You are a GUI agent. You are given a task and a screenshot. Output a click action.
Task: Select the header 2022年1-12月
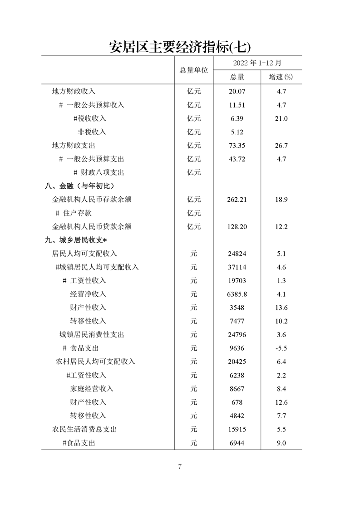coord(257,63)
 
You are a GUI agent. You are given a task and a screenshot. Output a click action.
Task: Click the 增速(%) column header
coord(281,77)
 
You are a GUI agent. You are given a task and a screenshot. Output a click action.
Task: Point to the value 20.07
coord(237,91)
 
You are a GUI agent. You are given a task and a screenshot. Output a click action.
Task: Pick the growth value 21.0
coord(281,118)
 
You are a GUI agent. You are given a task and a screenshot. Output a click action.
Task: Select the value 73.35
coord(237,146)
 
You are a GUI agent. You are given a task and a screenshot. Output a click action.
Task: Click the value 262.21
coord(237,200)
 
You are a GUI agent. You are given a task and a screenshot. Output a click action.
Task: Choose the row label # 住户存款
coord(74,213)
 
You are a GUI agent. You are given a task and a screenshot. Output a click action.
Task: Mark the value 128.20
coord(237,227)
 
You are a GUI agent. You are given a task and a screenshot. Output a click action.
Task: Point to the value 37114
coord(237,267)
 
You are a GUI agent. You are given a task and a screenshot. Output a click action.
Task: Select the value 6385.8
coord(237,294)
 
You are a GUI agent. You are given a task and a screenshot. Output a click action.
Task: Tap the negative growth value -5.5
coord(281,348)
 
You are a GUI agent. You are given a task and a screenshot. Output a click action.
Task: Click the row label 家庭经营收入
coord(92,389)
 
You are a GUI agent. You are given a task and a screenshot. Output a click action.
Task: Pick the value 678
coord(237,402)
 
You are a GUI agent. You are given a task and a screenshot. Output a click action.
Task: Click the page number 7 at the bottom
coord(180,467)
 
